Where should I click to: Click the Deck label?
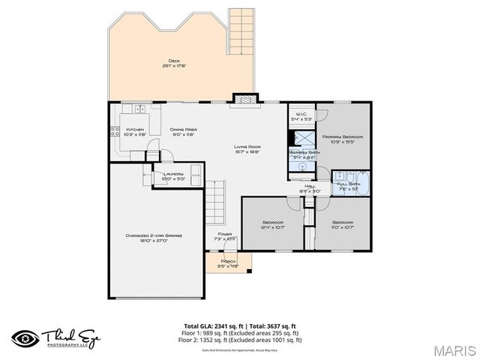coord(175,61)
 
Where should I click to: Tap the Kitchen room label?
coord(135,130)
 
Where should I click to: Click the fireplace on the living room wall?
coord(244,99)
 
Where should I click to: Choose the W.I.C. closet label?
coord(301,115)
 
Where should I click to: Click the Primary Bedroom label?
coord(343,137)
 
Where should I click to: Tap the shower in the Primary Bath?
coord(301,139)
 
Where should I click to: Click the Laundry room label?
coord(172,175)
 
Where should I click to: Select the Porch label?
coord(228,262)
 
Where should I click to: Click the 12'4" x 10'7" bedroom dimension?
coord(272,226)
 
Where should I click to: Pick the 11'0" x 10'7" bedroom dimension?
coord(343,226)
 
